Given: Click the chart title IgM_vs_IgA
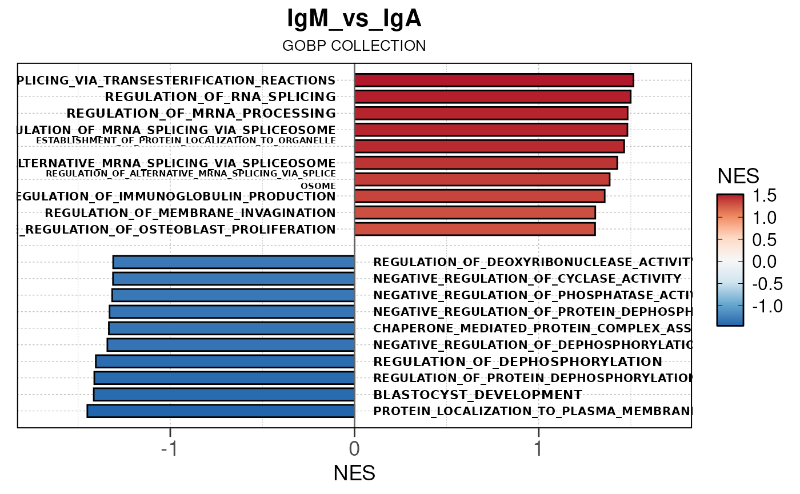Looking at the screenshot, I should pyautogui.click(x=354, y=19).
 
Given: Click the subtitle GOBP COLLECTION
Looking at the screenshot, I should pyautogui.click(x=354, y=46).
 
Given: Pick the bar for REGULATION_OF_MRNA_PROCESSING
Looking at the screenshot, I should pyautogui.click(x=491, y=113).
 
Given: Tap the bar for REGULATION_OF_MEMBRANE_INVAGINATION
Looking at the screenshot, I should pyautogui.click(x=475, y=213).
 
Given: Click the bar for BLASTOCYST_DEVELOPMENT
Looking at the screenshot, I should pyautogui.click(x=224, y=395).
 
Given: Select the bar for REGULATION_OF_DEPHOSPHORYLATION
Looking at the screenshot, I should pyautogui.click(x=225, y=362).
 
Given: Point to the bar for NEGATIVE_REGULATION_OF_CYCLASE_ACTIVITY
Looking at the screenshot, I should pyautogui.click(x=234, y=279).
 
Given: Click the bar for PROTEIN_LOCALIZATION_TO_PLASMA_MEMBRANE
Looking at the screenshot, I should pyautogui.click(x=221, y=411).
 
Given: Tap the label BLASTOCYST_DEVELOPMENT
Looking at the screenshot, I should pyautogui.click(x=478, y=395).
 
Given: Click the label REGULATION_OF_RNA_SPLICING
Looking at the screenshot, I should pyautogui.click(x=221, y=97).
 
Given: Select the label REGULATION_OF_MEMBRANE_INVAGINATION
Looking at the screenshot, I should pyautogui.click(x=190, y=214).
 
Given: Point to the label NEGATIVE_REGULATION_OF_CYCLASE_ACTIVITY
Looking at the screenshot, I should pyautogui.click(x=527, y=279).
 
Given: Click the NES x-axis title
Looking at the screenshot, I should pyautogui.click(x=354, y=473).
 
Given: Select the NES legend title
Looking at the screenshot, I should pyautogui.click(x=738, y=176).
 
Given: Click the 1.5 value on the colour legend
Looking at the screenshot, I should pyautogui.click(x=763, y=196).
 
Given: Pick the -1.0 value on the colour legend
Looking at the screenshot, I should pyautogui.click(x=760, y=306).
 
